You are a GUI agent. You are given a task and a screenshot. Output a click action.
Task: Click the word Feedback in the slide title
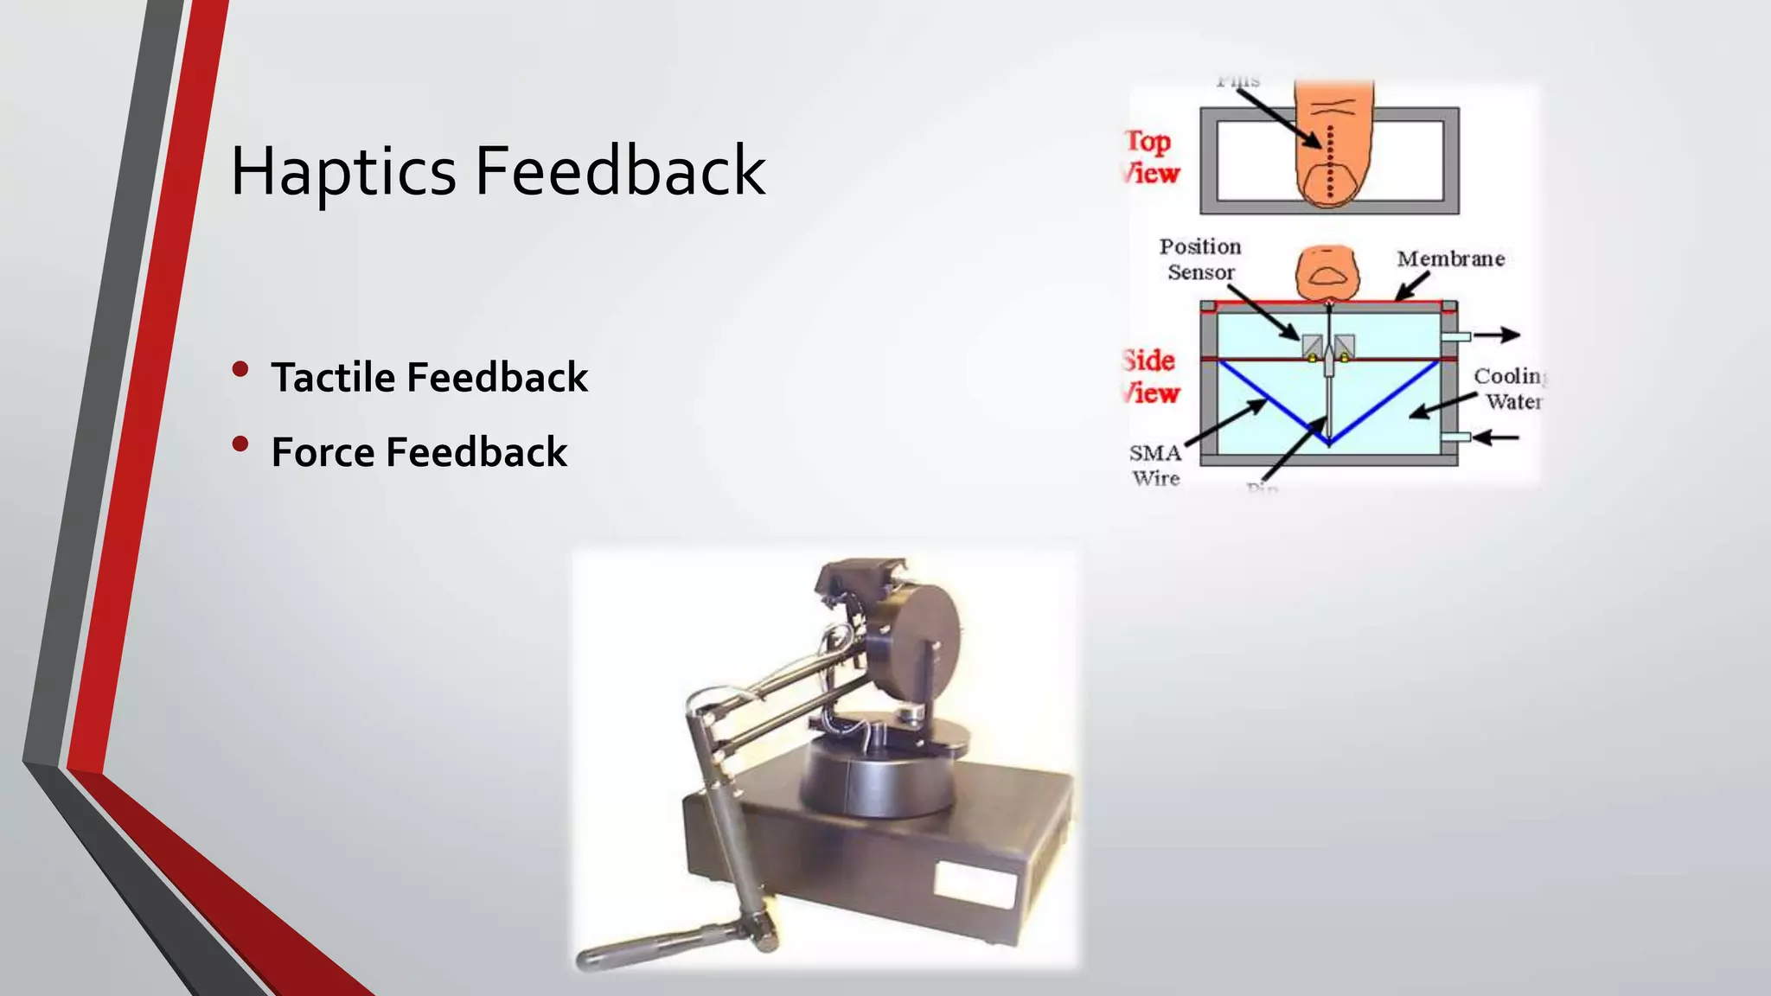(x=620, y=171)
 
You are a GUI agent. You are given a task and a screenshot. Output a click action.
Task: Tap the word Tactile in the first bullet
(x=333, y=378)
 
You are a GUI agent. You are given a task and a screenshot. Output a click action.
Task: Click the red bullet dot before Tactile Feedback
(x=240, y=370)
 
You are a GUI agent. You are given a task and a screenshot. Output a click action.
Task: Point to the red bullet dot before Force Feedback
(x=240, y=444)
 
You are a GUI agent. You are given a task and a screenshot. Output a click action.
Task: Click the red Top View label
(x=1151, y=156)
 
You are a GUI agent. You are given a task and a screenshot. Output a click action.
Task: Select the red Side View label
(x=1151, y=377)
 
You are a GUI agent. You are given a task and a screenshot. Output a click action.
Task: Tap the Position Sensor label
(x=1200, y=259)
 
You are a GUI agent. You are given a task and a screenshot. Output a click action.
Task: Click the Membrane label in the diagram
(x=1450, y=259)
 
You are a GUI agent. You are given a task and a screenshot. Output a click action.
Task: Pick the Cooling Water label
(x=1509, y=388)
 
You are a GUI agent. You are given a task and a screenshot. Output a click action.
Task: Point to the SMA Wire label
(x=1155, y=465)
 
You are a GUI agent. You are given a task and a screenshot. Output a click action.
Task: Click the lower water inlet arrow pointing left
(x=1496, y=437)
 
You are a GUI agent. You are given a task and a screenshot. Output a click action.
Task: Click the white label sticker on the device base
(x=975, y=886)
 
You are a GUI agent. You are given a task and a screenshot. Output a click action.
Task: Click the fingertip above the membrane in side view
(x=1327, y=272)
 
